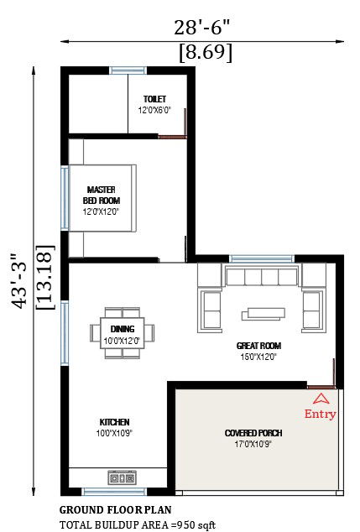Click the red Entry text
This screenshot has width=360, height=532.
click(320, 414)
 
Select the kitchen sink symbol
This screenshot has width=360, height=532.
click(123, 478)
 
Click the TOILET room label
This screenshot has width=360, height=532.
click(154, 99)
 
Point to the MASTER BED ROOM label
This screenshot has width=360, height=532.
click(101, 195)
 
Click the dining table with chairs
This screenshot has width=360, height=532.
click(123, 333)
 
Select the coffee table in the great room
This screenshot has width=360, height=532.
click(263, 314)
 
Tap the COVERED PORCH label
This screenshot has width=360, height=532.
click(253, 433)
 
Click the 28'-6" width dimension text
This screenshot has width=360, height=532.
click(201, 27)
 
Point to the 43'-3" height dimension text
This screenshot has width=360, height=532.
click(18, 280)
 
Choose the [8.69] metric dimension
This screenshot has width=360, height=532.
click(206, 53)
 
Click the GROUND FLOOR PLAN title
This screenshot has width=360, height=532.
click(115, 510)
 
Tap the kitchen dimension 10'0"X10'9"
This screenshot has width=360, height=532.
click(114, 433)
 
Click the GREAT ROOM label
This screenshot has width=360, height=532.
click(259, 346)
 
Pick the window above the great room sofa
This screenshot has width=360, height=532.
click(262, 259)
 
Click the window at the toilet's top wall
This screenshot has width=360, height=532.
click(128, 70)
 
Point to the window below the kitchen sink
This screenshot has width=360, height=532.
click(115, 492)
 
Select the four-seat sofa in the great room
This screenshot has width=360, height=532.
click(262, 276)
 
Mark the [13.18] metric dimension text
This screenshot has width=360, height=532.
click(45, 277)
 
